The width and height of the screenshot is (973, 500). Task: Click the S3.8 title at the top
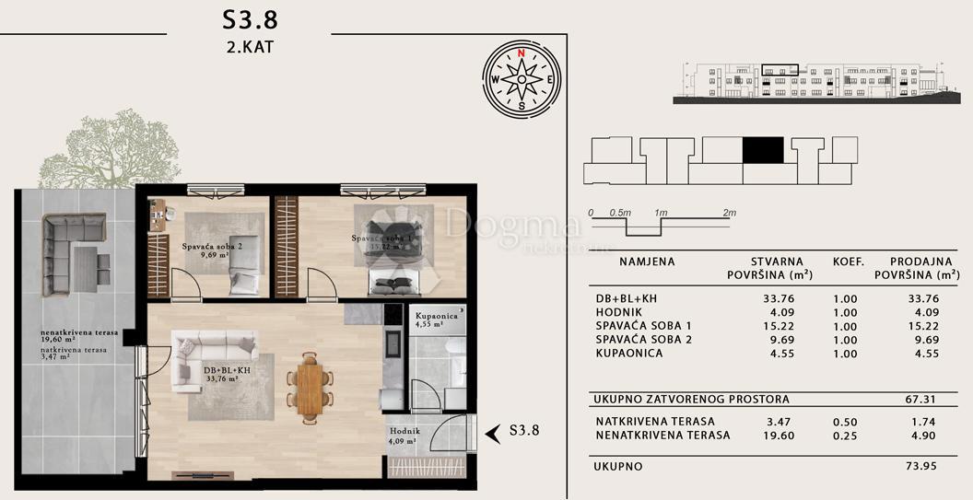pos(250,19)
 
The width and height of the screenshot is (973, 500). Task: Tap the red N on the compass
pos(522,53)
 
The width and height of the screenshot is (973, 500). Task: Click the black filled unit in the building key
pos(763,150)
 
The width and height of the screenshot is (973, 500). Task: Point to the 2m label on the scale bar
pos(729,213)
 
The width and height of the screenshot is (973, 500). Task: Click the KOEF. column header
pos(848,262)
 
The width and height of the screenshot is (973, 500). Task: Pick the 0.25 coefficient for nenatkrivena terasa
pos(845,436)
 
